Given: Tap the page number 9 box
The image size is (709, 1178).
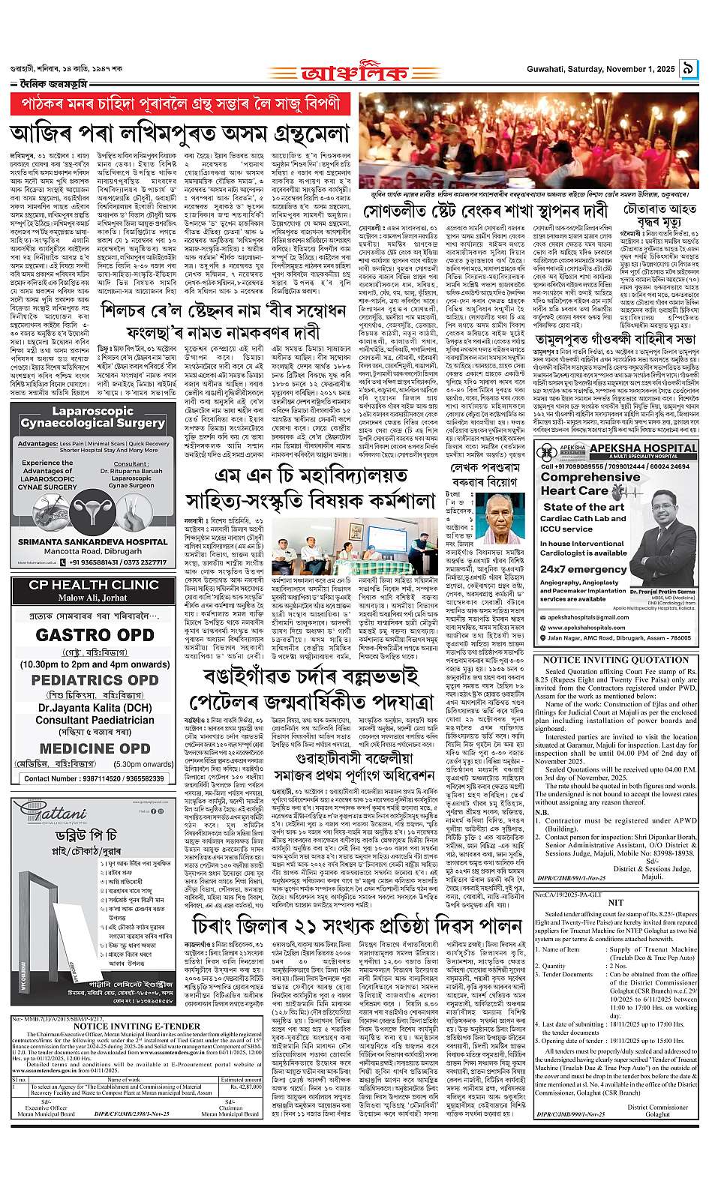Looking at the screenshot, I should pyautogui.click(x=689, y=72).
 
